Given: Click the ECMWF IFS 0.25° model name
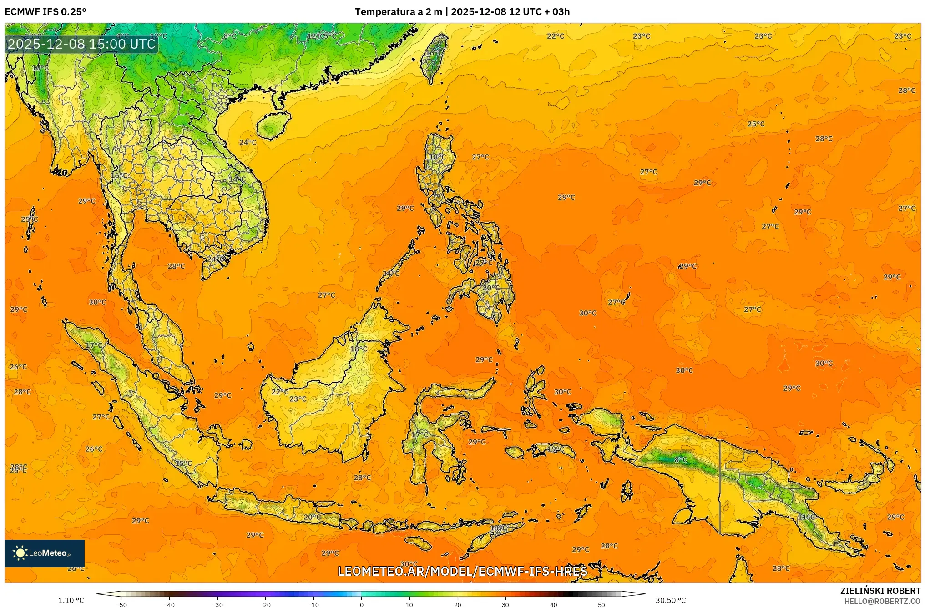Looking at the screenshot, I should pos(45,12).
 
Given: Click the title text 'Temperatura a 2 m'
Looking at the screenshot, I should pos(398,12).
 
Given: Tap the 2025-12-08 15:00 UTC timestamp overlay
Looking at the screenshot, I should pos(82,44).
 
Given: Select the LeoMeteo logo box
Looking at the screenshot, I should pos(45,553).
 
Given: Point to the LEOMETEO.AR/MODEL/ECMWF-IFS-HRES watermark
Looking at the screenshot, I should pos(462,571).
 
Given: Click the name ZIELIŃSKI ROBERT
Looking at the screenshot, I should pos(880,591).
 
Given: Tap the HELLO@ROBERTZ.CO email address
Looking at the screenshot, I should pos(882,601).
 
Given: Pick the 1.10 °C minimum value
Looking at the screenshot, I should pos(71,600).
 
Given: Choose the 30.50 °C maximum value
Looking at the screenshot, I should pos(670,600).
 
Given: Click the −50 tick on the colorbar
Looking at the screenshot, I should pos(121,604).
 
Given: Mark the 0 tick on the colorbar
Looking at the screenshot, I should pos(362,604).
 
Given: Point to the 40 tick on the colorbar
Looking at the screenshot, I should pos(554,604).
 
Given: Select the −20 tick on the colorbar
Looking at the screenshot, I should pos(265,604).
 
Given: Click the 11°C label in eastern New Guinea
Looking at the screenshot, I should pos(806,517).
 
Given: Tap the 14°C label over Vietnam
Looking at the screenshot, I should pos(237,179).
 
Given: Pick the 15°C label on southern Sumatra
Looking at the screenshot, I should pos(183,463).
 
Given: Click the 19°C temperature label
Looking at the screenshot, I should pos(556,449).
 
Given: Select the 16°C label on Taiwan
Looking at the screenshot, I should pos(434,53).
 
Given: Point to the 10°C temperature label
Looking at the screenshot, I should pos(40,68).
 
